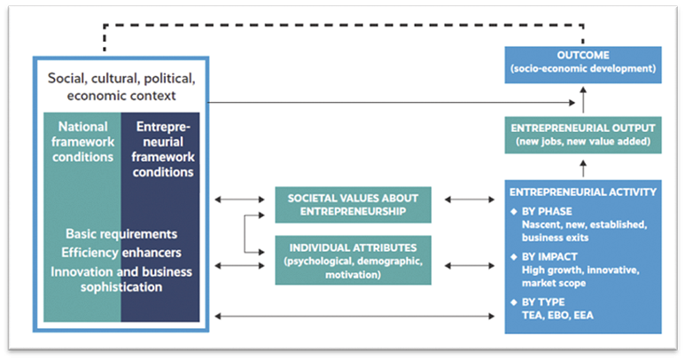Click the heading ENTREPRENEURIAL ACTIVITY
pyautogui.click(x=582, y=191)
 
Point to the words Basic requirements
pyautogui.click(x=121, y=234)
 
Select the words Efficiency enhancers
pyautogui.click(x=121, y=252)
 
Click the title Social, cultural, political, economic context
pyautogui.click(x=121, y=86)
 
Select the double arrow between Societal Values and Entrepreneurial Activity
pyautogui.click(x=470, y=201)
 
